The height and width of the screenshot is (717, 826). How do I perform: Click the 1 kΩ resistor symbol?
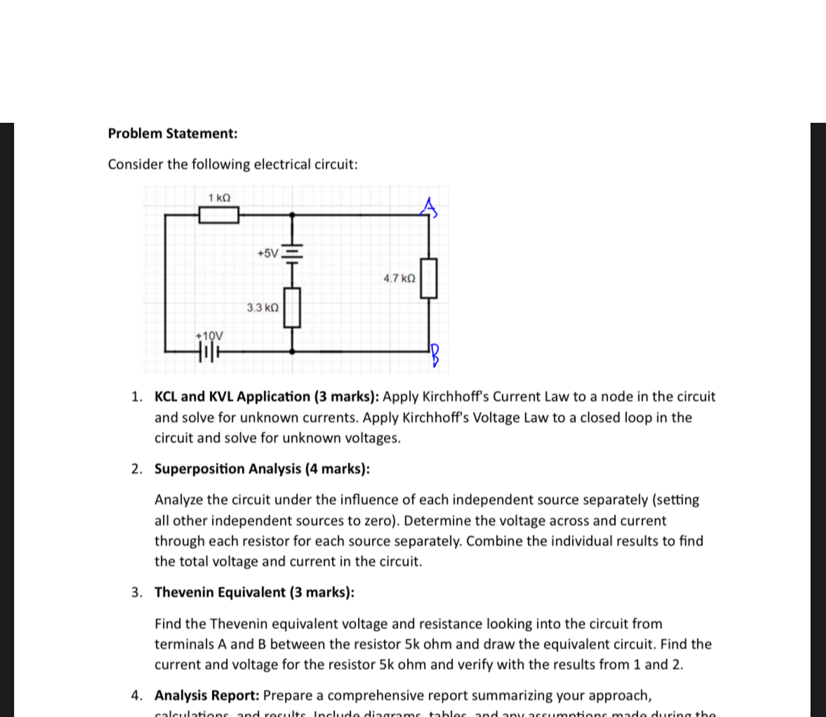coord(218,215)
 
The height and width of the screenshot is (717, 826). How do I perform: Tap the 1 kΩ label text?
coord(219,198)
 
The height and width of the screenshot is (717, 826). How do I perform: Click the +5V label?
coord(267,253)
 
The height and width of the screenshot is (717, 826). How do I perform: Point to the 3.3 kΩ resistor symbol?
coord(292,308)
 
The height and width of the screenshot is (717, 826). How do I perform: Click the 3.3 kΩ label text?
coord(262,308)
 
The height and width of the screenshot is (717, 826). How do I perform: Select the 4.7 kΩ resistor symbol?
coord(429,279)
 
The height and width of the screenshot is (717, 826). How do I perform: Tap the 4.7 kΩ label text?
coord(399,279)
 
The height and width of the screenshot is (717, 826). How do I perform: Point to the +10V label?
coord(209,336)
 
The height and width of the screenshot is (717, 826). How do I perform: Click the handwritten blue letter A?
coord(429,207)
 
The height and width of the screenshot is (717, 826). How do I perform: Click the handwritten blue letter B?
coord(435,356)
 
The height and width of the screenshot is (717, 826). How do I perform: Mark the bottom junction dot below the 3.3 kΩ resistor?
coord(292,349)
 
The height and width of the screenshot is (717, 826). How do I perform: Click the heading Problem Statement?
coord(173,133)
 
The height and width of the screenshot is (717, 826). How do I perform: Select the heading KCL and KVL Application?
coord(232,396)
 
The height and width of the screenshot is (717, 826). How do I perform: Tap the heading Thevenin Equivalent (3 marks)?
coord(254,592)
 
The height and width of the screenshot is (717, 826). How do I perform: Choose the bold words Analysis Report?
coord(207,695)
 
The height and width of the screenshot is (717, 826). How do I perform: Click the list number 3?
coord(137,592)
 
